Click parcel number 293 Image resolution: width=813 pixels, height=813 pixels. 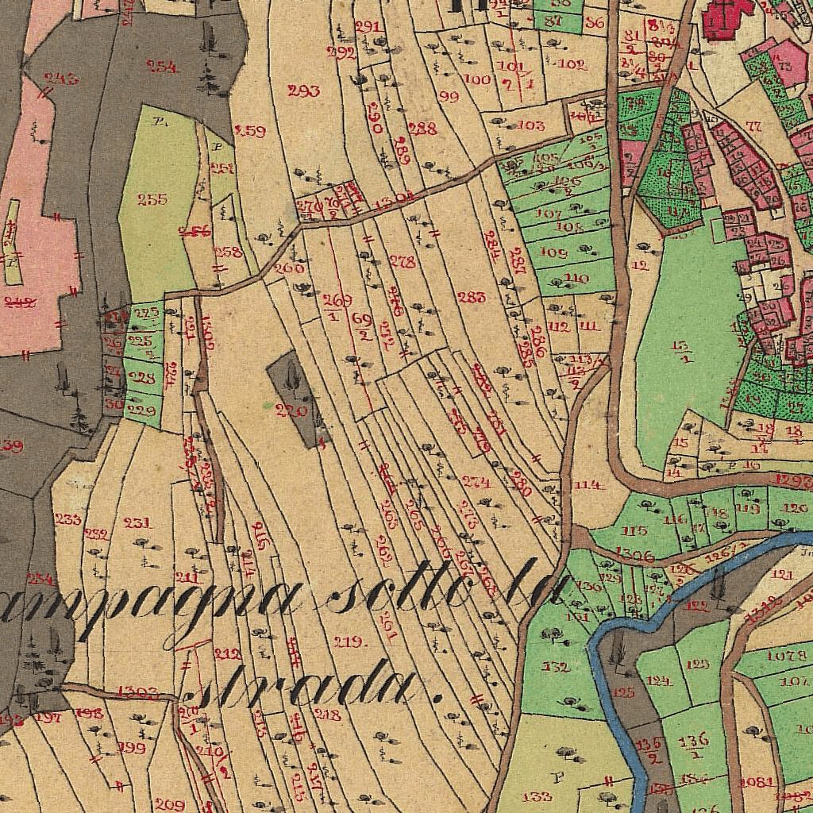tap(304, 91)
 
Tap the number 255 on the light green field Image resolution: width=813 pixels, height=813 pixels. tap(152, 199)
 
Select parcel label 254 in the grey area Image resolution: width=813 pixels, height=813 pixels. tap(162, 67)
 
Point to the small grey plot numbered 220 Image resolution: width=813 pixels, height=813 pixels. tap(291, 410)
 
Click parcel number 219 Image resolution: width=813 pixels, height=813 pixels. tap(349, 642)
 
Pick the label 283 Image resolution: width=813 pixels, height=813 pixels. tap(472, 297)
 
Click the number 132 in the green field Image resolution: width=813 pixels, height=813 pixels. tap(555, 667)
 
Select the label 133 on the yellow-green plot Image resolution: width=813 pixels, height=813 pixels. tap(538, 796)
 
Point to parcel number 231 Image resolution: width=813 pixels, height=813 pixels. tap(137, 522)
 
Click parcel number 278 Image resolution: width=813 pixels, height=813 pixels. tap(403, 262)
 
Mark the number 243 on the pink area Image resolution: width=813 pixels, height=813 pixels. tap(61, 78)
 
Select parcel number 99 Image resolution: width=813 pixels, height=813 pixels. tap(449, 97)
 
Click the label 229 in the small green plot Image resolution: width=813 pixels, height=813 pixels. tap(141, 410)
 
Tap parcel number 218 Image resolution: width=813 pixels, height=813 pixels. tap(327, 715)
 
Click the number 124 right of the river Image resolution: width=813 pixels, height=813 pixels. tap(659, 680)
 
